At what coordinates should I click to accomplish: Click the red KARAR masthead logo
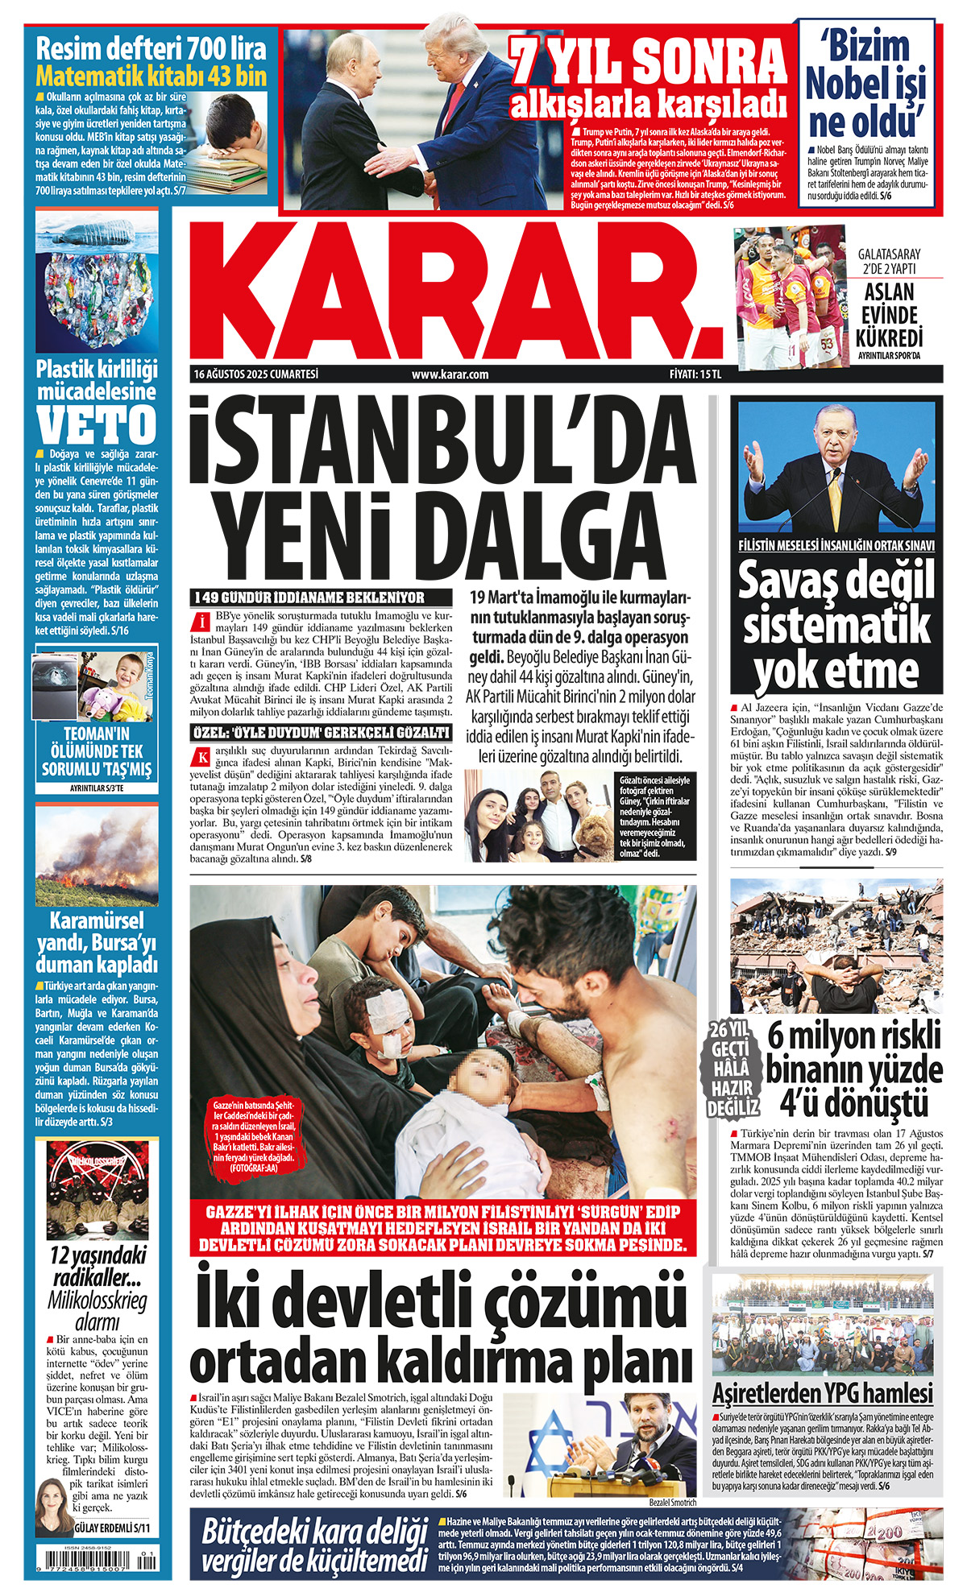pos(455,292)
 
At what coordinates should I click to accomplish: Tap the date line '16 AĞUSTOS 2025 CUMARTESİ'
pos(256,374)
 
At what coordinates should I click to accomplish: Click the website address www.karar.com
pos(450,374)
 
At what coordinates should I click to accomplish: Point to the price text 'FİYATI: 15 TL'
pos(695,374)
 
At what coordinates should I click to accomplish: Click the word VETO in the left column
pos(97,424)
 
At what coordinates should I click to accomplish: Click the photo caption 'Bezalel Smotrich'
pos(672,1503)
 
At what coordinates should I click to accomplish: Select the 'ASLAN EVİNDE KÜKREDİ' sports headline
pos(890,314)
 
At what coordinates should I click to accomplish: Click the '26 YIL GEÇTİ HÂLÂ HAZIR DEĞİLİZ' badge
pos(733,1069)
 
